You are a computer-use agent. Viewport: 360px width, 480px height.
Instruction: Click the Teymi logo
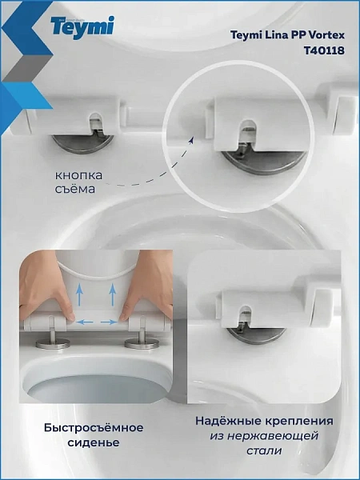[x=82, y=27]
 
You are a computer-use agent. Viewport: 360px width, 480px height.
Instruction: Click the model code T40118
[x=324, y=50]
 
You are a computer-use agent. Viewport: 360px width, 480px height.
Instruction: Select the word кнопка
[x=78, y=176]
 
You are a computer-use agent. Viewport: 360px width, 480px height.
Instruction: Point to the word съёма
[x=75, y=189]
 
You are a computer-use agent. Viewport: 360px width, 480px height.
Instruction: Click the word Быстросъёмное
[x=94, y=427]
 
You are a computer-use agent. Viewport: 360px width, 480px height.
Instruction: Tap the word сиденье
[x=94, y=442]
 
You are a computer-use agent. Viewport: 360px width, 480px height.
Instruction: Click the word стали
[x=264, y=451]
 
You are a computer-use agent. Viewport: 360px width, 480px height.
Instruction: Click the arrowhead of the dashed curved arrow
[x=191, y=141]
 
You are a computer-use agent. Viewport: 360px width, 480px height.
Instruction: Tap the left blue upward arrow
[x=79, y=294]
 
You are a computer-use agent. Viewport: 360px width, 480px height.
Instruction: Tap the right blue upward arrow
[x=113, y=294]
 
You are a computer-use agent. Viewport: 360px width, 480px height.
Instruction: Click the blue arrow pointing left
[x=85, y=322]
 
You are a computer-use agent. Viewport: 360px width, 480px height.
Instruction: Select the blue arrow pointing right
[x=109, y=322]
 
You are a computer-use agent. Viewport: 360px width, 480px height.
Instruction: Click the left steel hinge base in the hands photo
[x=53, y=343]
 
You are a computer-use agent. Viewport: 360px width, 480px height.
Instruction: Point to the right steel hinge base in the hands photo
[x=142, y=343]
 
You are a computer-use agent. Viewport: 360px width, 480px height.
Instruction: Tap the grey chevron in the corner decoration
[x=26, y=68]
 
